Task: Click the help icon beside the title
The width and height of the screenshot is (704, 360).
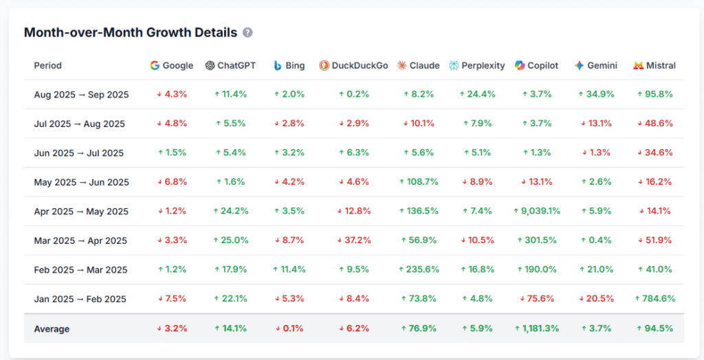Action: [x=247, y=32]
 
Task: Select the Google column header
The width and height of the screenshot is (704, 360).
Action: [x=172, y=66]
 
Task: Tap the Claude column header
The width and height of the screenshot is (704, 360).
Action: [x=419, y=66]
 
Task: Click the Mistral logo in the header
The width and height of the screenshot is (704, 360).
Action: [x=638, y=66]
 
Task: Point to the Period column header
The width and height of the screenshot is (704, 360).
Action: [x=47, y=66]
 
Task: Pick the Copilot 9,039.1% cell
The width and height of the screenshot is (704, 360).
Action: [x=536, y=212]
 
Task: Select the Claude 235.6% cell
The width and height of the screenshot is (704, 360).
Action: [x=419, y=270]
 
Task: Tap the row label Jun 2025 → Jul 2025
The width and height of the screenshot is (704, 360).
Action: [x=79, y=153]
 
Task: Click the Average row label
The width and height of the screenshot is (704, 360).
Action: [x=52, y=329]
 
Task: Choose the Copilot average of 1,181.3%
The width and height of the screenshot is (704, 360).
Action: [x=536, y=328]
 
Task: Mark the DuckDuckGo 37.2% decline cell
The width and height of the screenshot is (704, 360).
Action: [x=353, y=240]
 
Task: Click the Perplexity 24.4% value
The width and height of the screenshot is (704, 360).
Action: [x=477, y=95]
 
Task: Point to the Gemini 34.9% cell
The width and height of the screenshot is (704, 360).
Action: [x=595, y=95]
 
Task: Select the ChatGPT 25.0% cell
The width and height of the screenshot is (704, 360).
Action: [x=230, y=240]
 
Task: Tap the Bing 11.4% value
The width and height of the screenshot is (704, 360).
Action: [x=289, y=270]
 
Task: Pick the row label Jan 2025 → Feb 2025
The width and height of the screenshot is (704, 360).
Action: [x=80, y=299]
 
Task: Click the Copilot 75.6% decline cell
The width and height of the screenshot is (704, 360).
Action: [x=536, y=299]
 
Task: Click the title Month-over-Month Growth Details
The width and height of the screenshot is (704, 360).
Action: [x=131, y=32]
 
